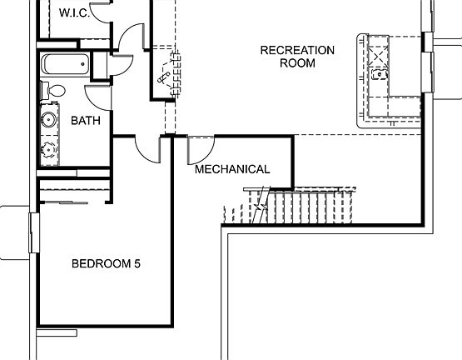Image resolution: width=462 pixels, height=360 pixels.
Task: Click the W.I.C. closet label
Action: click(75, 12)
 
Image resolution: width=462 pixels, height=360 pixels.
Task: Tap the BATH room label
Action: click(85, 121)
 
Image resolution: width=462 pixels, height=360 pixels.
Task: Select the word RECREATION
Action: click(297, 50)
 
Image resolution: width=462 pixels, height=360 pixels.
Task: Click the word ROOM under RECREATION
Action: click(297, 62)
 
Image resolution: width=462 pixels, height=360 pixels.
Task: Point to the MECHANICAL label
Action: click(232, 169)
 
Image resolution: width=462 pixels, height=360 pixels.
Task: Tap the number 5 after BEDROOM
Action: click(137, 264)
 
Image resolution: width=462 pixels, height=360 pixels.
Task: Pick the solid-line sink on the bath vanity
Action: click(48, 120)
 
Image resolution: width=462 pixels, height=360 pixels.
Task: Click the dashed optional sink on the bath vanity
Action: click(48, 151)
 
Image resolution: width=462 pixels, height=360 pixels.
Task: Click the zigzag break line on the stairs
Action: click(260, 205)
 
